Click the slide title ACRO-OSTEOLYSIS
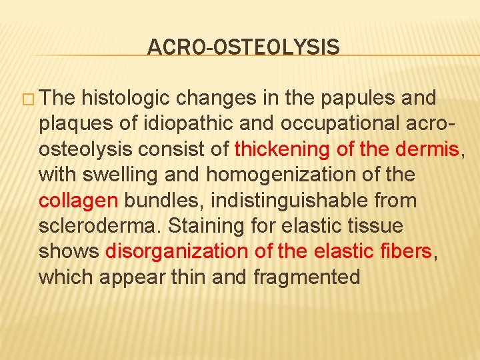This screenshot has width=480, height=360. point(243,47)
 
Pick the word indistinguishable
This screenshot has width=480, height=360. point(273,200)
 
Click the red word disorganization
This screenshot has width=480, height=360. point(177,251)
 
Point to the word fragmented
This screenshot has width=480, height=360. point(307,277)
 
